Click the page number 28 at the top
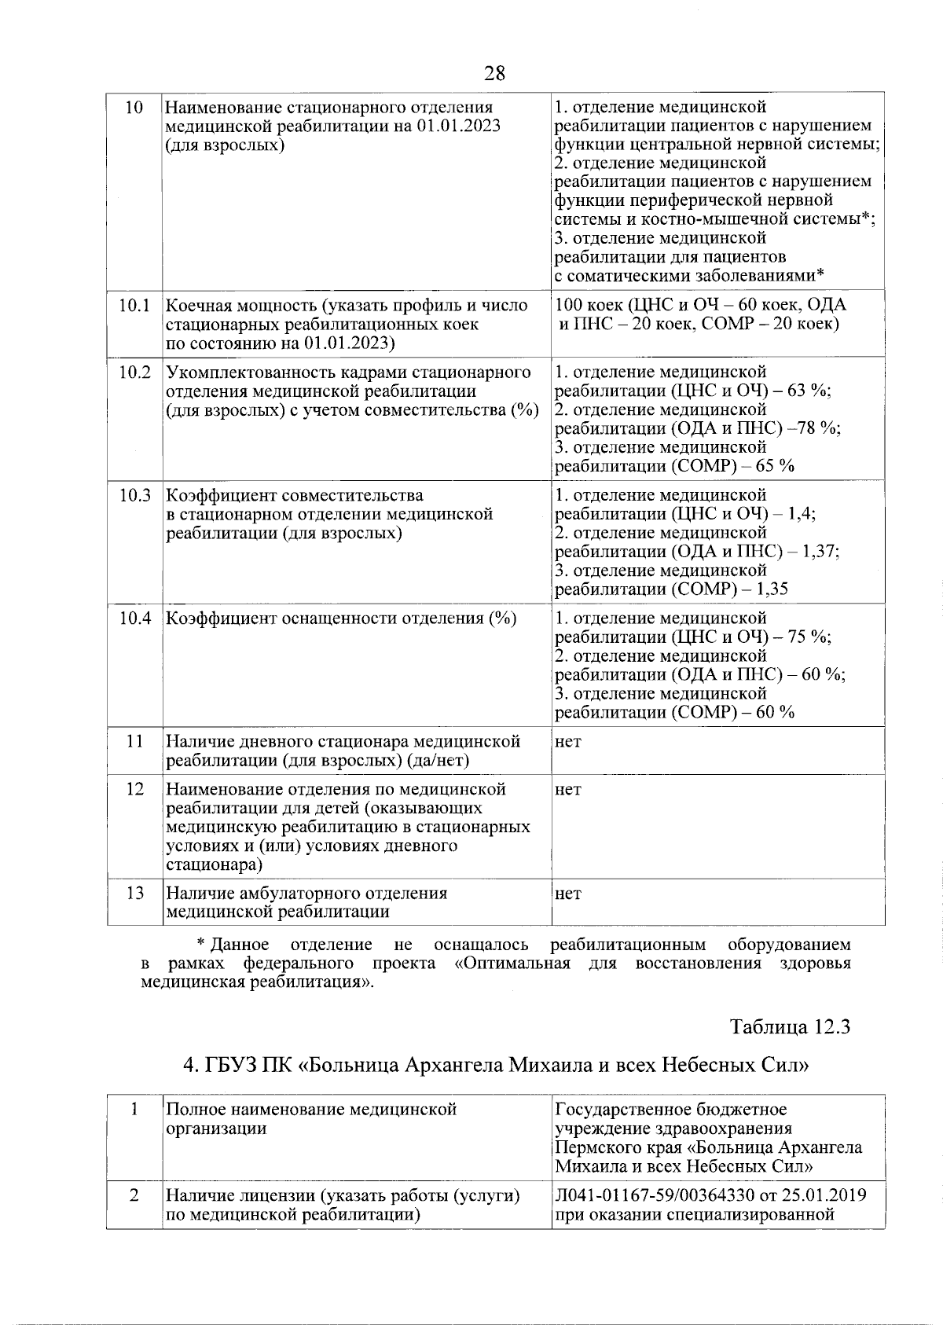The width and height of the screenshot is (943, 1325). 494,74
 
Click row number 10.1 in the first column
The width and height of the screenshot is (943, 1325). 134,306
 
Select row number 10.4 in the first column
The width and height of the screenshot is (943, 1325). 134,618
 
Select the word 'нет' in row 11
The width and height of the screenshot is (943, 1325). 568,742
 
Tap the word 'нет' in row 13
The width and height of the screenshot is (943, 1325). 568,894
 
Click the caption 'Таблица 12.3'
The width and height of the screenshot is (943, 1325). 791,1027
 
